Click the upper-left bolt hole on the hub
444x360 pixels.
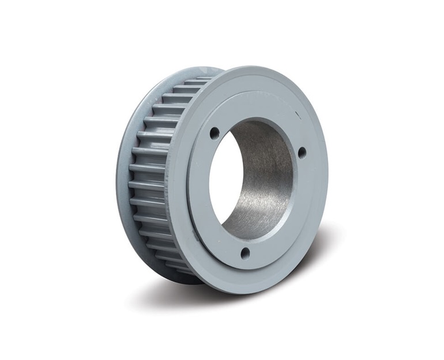[215, 133]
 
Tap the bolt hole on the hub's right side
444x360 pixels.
[302, 153]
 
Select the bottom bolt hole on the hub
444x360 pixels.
[244, 252]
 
